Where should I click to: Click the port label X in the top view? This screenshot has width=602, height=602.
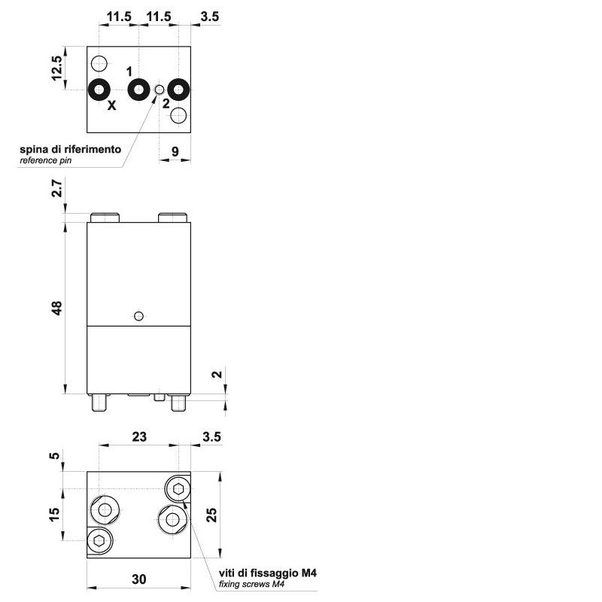point(111,105)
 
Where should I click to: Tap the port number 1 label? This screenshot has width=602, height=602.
point(129,71)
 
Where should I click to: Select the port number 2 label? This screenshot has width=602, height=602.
point(166,103)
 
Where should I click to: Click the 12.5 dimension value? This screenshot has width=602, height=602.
point(57,68)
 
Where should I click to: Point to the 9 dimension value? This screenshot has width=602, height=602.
point(175,151)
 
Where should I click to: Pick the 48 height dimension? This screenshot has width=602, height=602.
point(57,308)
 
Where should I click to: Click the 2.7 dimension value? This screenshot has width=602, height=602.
point(57,187)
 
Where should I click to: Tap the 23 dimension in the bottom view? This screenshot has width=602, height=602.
point(139,436)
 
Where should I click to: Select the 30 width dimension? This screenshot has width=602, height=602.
point(139,579)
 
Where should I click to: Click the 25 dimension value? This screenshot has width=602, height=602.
point(211,515)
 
